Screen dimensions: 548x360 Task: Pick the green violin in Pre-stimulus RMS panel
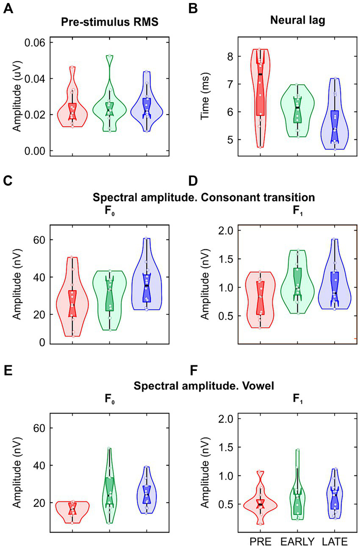pyautogui.click(x=110, y=106)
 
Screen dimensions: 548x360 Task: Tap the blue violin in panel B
pyautogui.click(x=335, y=123)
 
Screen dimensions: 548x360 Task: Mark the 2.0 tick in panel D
pyautogui.click(x=223, y=230)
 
